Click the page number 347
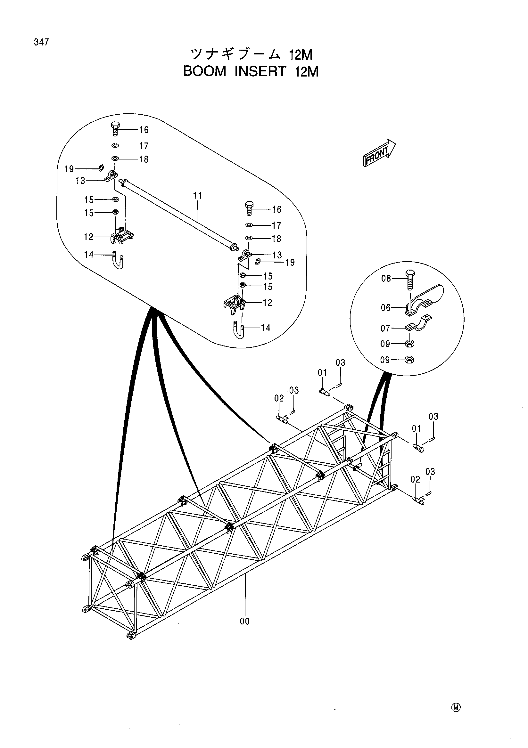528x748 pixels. click(41, 42)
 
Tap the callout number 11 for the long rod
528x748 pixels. click(197, 195)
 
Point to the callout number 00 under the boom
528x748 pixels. click(245, 621)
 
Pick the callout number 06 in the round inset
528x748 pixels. click(386, 307)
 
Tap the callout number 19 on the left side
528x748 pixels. click(69, 169)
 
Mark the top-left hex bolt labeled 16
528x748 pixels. click(115, 130)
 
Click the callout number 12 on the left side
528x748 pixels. click(89, 237)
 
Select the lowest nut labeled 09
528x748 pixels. click(409, 360)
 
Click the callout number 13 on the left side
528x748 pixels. click(80, 181)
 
